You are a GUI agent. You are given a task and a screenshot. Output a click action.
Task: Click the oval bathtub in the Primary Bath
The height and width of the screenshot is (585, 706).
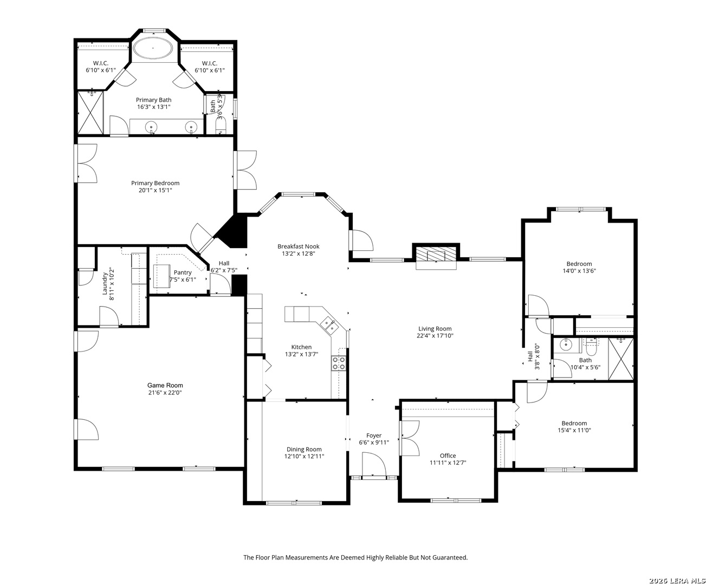pyautogui.click(x=154, y=48)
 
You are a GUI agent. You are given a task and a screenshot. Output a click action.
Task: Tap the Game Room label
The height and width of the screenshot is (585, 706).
pyautogui.click(x=165, y=385)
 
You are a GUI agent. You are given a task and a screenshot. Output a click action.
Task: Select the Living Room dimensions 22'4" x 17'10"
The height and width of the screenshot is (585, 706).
pyautogui.click(x=435, y=336)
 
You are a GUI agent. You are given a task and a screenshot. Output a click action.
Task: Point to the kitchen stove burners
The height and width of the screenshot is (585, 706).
pyautogui.click(x=339, y=363)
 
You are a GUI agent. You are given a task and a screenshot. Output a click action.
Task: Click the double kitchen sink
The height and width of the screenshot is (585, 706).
pyautogui.click(x=329, y=325)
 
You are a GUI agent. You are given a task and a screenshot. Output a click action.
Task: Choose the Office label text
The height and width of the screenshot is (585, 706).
pyautogui.click(x=448, y=456)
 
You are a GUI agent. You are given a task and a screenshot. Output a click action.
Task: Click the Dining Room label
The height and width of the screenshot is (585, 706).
pyautogui.click(x=304, y=449)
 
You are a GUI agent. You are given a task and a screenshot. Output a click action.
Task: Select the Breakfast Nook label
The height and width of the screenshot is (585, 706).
pyautogui.click(x=298, y=246)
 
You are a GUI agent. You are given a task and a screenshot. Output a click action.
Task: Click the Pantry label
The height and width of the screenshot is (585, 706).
pyautogui.click(x=183, y=272)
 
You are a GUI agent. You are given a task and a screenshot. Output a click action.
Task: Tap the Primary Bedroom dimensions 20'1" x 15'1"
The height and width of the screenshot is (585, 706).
pyautogui.click(x=155, y=190)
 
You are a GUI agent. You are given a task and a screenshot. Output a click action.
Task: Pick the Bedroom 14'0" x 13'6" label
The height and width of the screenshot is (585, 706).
pyautogui.click(x=579, y=264)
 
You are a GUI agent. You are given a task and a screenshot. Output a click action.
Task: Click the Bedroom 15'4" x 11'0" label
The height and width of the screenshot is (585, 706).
pyautogui.click(x=574, y=423)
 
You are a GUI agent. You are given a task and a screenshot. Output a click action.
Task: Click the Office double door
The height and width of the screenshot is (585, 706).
pyautogui.click(x=409, y=438)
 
